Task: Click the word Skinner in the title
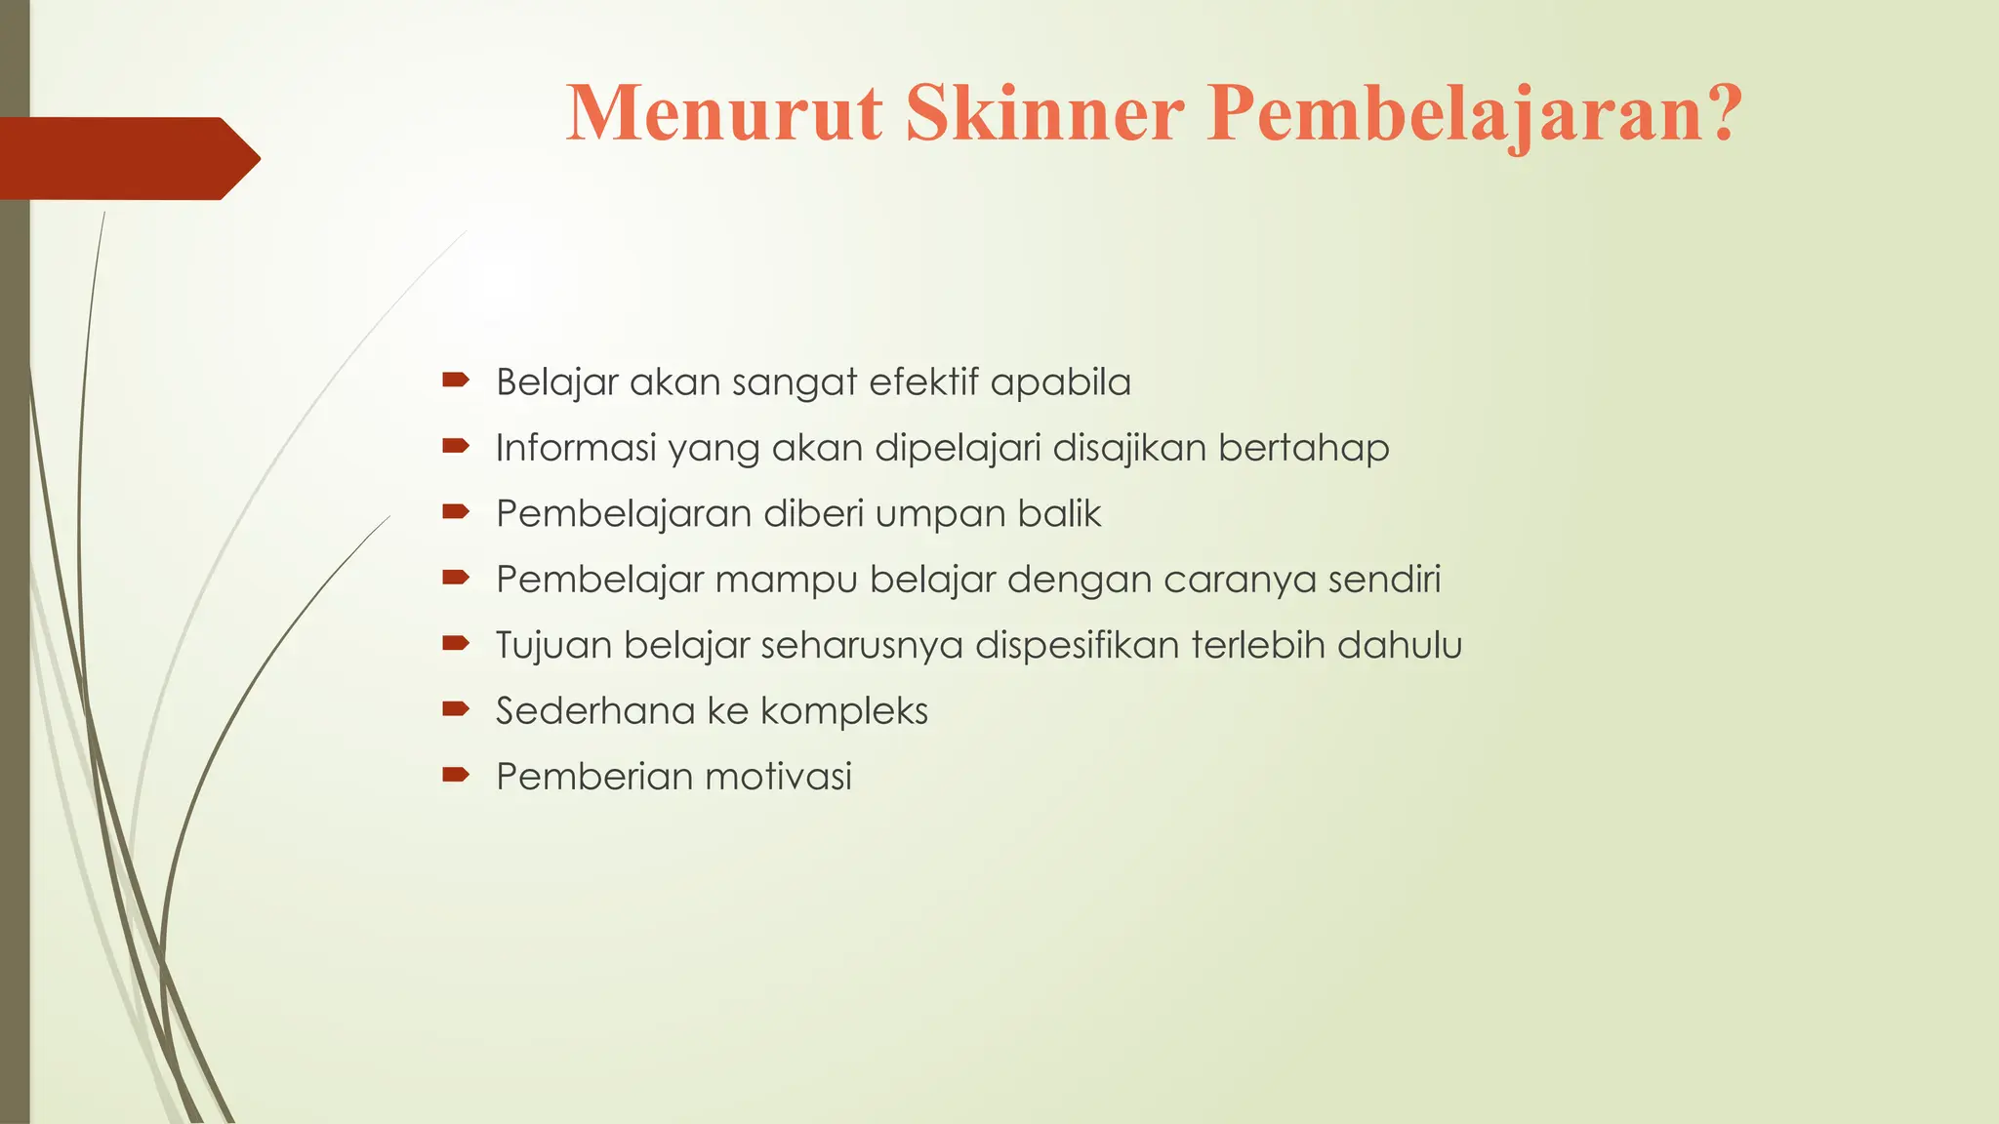pos(1044,114)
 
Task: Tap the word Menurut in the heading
pos(724,114)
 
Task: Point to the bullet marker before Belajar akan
pos(456,380)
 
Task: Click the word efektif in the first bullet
pos(922,381)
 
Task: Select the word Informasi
pos(576,448)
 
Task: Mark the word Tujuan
pos(553,645)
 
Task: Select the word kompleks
pos(844,711)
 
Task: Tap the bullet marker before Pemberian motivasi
pos(456,775)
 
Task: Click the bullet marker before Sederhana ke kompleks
pos(456,709)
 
